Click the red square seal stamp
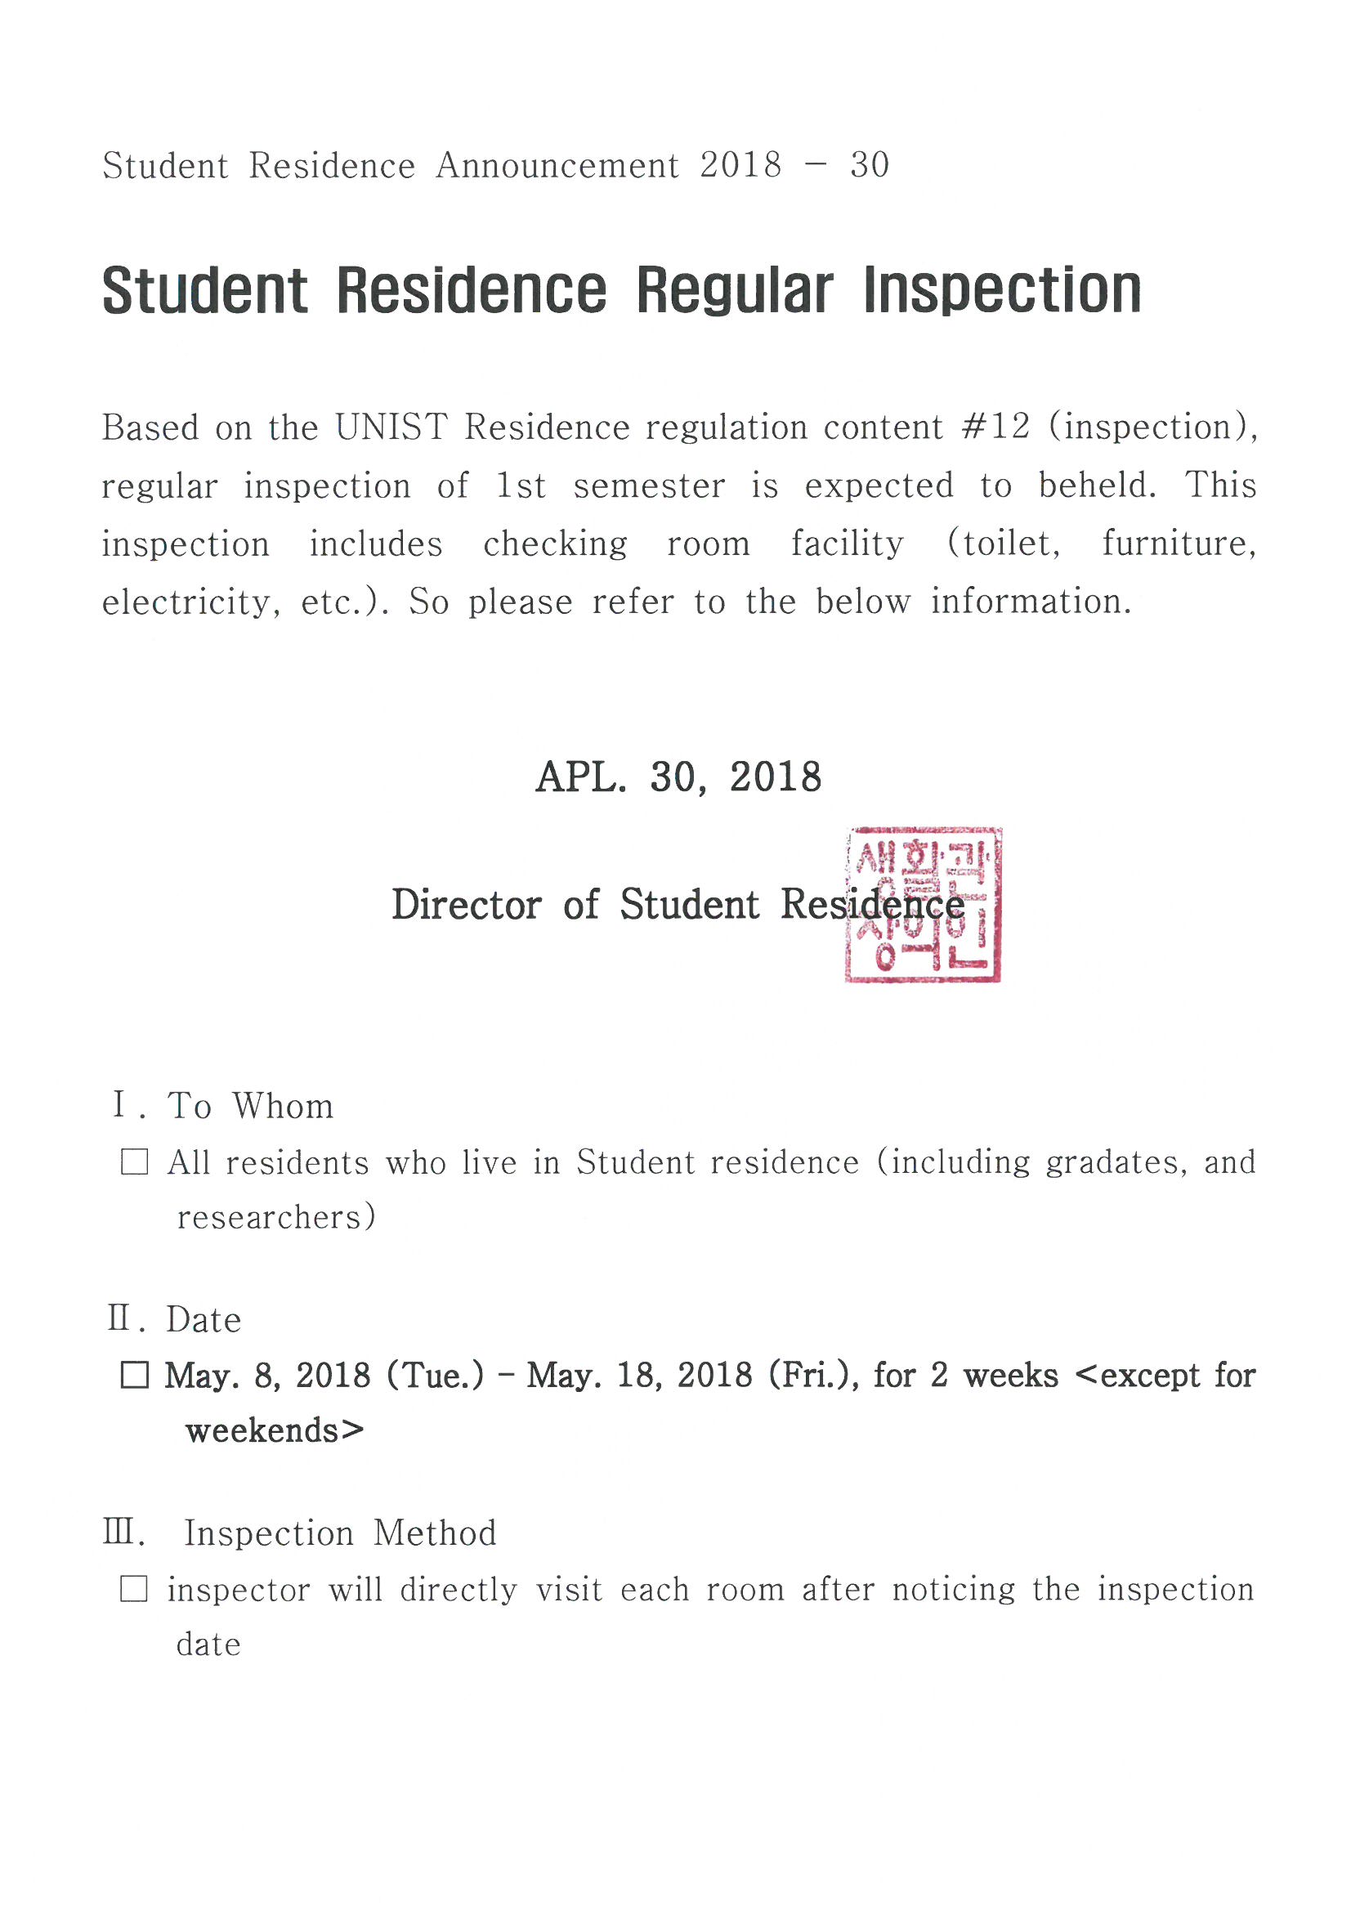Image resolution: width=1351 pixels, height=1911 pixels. click(x=922, y=905)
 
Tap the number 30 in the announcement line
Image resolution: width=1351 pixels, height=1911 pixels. click(x=869, y=165)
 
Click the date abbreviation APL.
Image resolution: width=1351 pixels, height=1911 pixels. click(x=580, y=776)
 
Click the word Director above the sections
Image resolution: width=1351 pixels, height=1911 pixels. click(x=466, y=905)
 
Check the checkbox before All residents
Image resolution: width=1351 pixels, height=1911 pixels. click(x=135, y=1161)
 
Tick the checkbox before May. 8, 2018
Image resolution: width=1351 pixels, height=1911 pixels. click(x=135, y=1375)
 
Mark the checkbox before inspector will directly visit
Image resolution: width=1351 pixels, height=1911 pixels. click(x=135, y=1589)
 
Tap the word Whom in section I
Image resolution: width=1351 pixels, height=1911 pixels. click(x=283, y=1106)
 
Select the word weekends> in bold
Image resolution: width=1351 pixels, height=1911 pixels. click(x=275, y=1430)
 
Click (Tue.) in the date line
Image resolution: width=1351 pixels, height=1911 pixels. click(x=435, y=1375)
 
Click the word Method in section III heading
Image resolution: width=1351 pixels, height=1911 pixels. click(x=435, y=1533)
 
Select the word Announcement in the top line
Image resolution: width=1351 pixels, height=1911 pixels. click(x=557, y=165)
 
